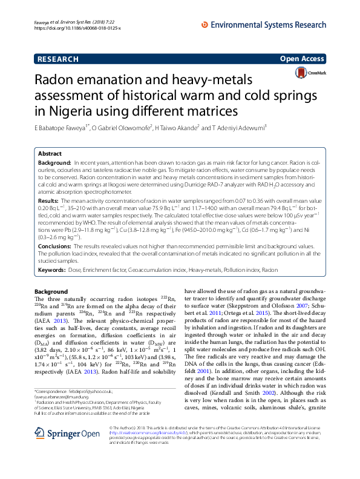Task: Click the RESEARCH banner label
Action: [x=58, y=59]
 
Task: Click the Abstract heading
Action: [x=51, y=154]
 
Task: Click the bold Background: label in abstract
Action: [x=54, y=164]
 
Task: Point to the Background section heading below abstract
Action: [x=51, y=292]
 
